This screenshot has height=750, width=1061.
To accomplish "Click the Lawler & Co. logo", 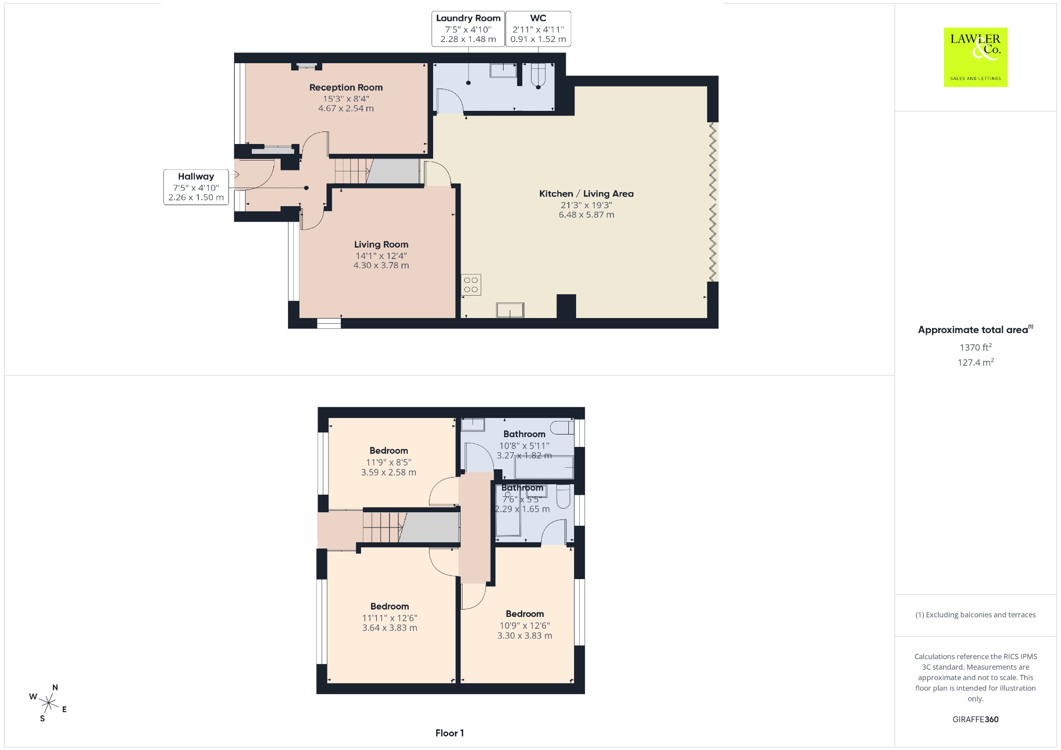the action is (x=976, y=57).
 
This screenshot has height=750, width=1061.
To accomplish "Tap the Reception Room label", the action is (x=346, y=88).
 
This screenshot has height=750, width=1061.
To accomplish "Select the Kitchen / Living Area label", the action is (x=586, y=194).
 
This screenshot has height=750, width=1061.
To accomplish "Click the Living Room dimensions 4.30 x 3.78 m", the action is (x=381, y=265).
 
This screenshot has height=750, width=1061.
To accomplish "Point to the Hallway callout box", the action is (x=196, y=186).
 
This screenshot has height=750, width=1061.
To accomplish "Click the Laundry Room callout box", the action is (x=468, y=28).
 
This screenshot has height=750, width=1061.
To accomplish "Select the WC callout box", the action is (x=538, y=28).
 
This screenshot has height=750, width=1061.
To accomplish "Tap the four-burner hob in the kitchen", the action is (x=471, y=285).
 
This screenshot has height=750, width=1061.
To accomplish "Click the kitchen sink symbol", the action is (x=510, y=310).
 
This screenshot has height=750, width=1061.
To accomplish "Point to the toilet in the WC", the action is (x=539, y=76).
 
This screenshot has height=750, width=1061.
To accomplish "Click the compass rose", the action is (x=48, y=703).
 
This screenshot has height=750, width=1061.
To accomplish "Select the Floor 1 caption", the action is (x=450, y=733).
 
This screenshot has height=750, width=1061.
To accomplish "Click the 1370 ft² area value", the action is (x=976, y=348).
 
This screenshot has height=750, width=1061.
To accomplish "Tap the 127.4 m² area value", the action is (x=976, y=363).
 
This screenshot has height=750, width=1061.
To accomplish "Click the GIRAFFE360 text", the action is (x=976, y=719).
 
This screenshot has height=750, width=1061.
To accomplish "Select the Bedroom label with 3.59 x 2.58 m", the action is (x=389, y=451).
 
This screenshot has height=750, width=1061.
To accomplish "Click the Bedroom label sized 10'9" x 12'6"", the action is (x=525, y=614).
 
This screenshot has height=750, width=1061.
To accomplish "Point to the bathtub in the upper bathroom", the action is (x=544, y=467).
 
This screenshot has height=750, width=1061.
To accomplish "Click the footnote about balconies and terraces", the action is (x=976, y=615).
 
